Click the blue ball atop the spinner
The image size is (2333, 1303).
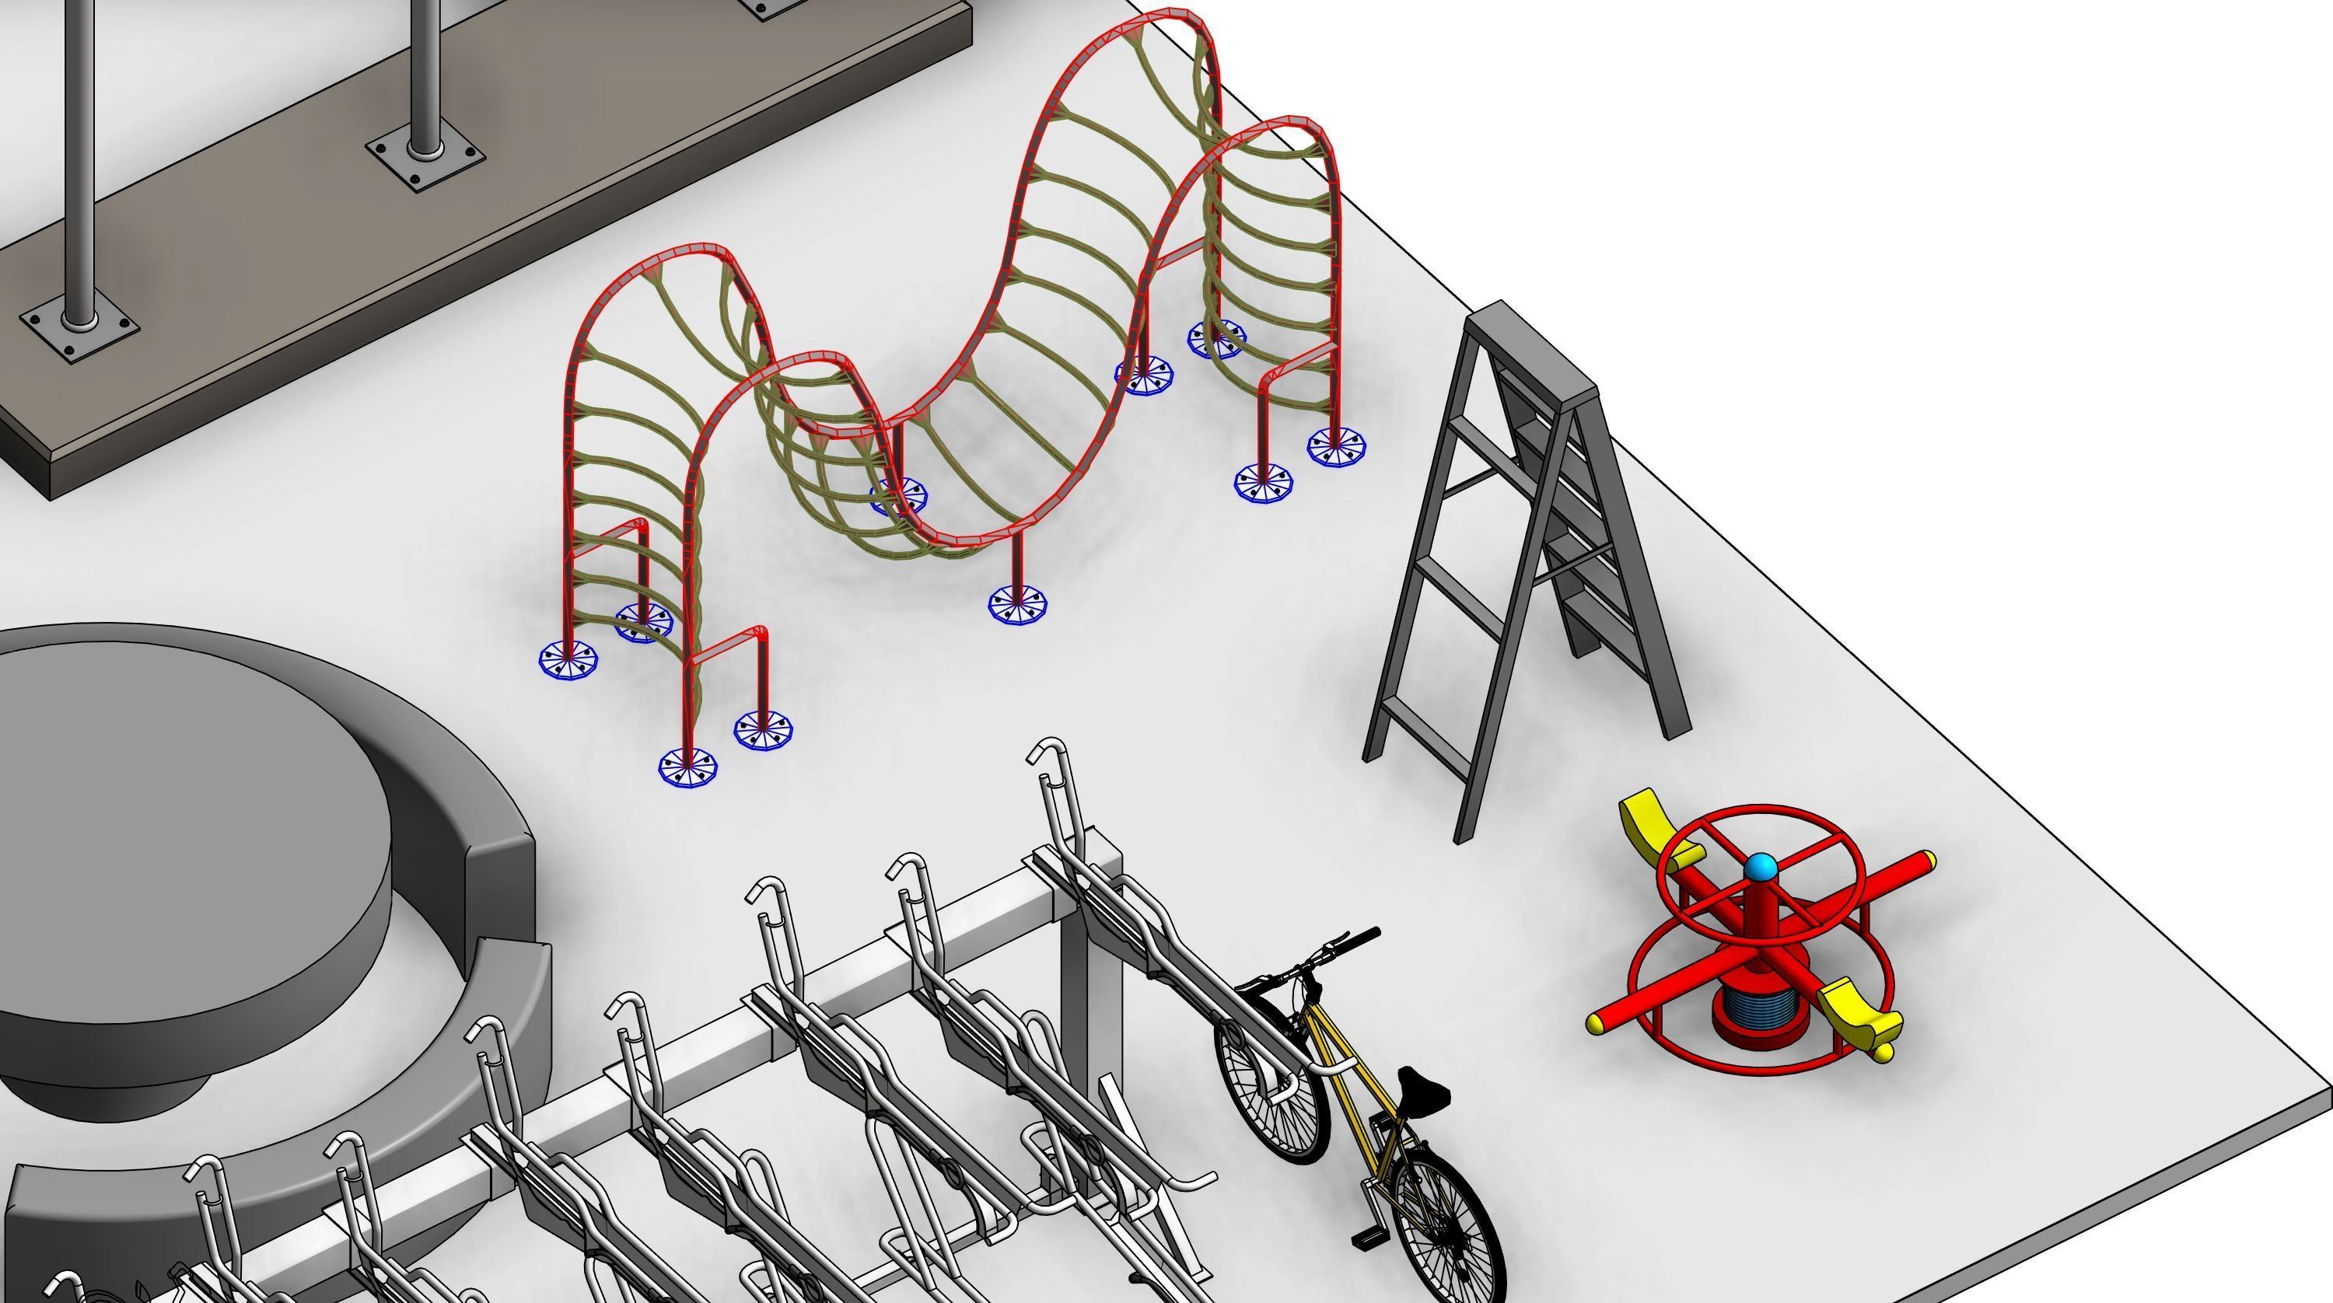(x=1761, y=868)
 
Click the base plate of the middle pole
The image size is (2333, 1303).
(x=425, y=158)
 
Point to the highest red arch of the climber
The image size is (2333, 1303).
(x=1168, y=18)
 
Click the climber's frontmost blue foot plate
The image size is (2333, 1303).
(x=687, y=768)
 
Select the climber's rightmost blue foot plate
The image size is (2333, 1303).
(x=1336, y=446)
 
